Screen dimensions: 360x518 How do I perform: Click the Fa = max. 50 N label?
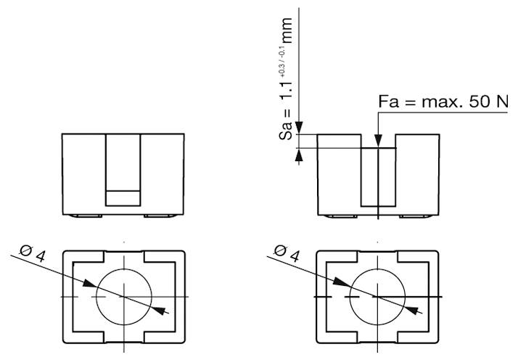point(443,102)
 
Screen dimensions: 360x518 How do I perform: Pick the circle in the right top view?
point(377,297)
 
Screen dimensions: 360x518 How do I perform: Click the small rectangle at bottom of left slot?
point(123,197)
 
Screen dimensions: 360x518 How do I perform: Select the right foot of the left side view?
point(161,216)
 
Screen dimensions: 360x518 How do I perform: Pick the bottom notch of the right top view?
point(377,337)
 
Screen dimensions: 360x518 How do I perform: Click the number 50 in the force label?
point(480,102)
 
